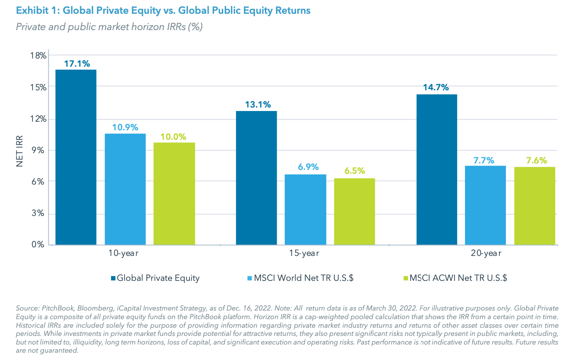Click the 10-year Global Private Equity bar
pyautogui.click(x=76, y=157)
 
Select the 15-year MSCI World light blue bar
pyautogui.click(x=305, y=209)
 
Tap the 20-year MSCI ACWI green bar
pyautogui.click(x=535, y=206)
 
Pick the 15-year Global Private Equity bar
pyautogui.click(x=256, y=178)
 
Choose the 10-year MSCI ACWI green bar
pyautogui.click(x=174, y=194)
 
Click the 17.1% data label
pyautogui.click(x=77, y=64)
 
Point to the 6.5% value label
pyautogui.click(x=355, y=171)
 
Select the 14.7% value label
pyautogui.click(x=436, y=88)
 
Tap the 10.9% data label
pyautogui.click(x=125, y=127)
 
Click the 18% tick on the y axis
pyautogui.click(x=37, y=55)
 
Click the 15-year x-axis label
pyautogui.click(x=304, y=253)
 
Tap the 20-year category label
pyautogui.click(x=486, y=253)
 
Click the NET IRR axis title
pyautogui.click(x=20, y=151)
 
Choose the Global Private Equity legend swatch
pyautogui.click(x=113, y=278)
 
